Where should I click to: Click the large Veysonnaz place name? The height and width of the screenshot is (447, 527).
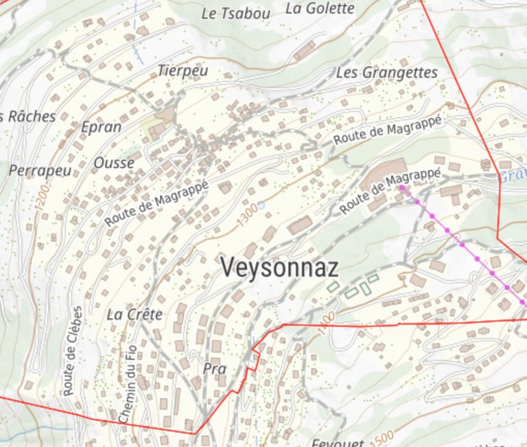[279, 266]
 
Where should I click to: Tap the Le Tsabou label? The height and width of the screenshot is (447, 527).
[235, 13]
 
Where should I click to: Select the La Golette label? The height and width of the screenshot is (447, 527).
[320, 8]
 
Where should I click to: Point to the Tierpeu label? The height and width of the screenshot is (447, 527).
[183, 70]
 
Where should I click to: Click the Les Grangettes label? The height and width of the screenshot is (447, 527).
[386, 72]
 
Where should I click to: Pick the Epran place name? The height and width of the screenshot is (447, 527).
[101, 126]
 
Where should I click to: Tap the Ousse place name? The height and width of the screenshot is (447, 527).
[114, 163]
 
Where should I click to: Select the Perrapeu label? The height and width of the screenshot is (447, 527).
[40, 170]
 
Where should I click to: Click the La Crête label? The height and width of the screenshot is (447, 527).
[135, 314]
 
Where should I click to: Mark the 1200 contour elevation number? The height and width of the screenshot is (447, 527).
[43, 196]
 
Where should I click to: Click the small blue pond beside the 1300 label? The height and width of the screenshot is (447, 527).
[261, 205]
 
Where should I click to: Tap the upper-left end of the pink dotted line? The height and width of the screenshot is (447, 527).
[401, 187]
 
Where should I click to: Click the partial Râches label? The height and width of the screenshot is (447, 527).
[29, 116]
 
